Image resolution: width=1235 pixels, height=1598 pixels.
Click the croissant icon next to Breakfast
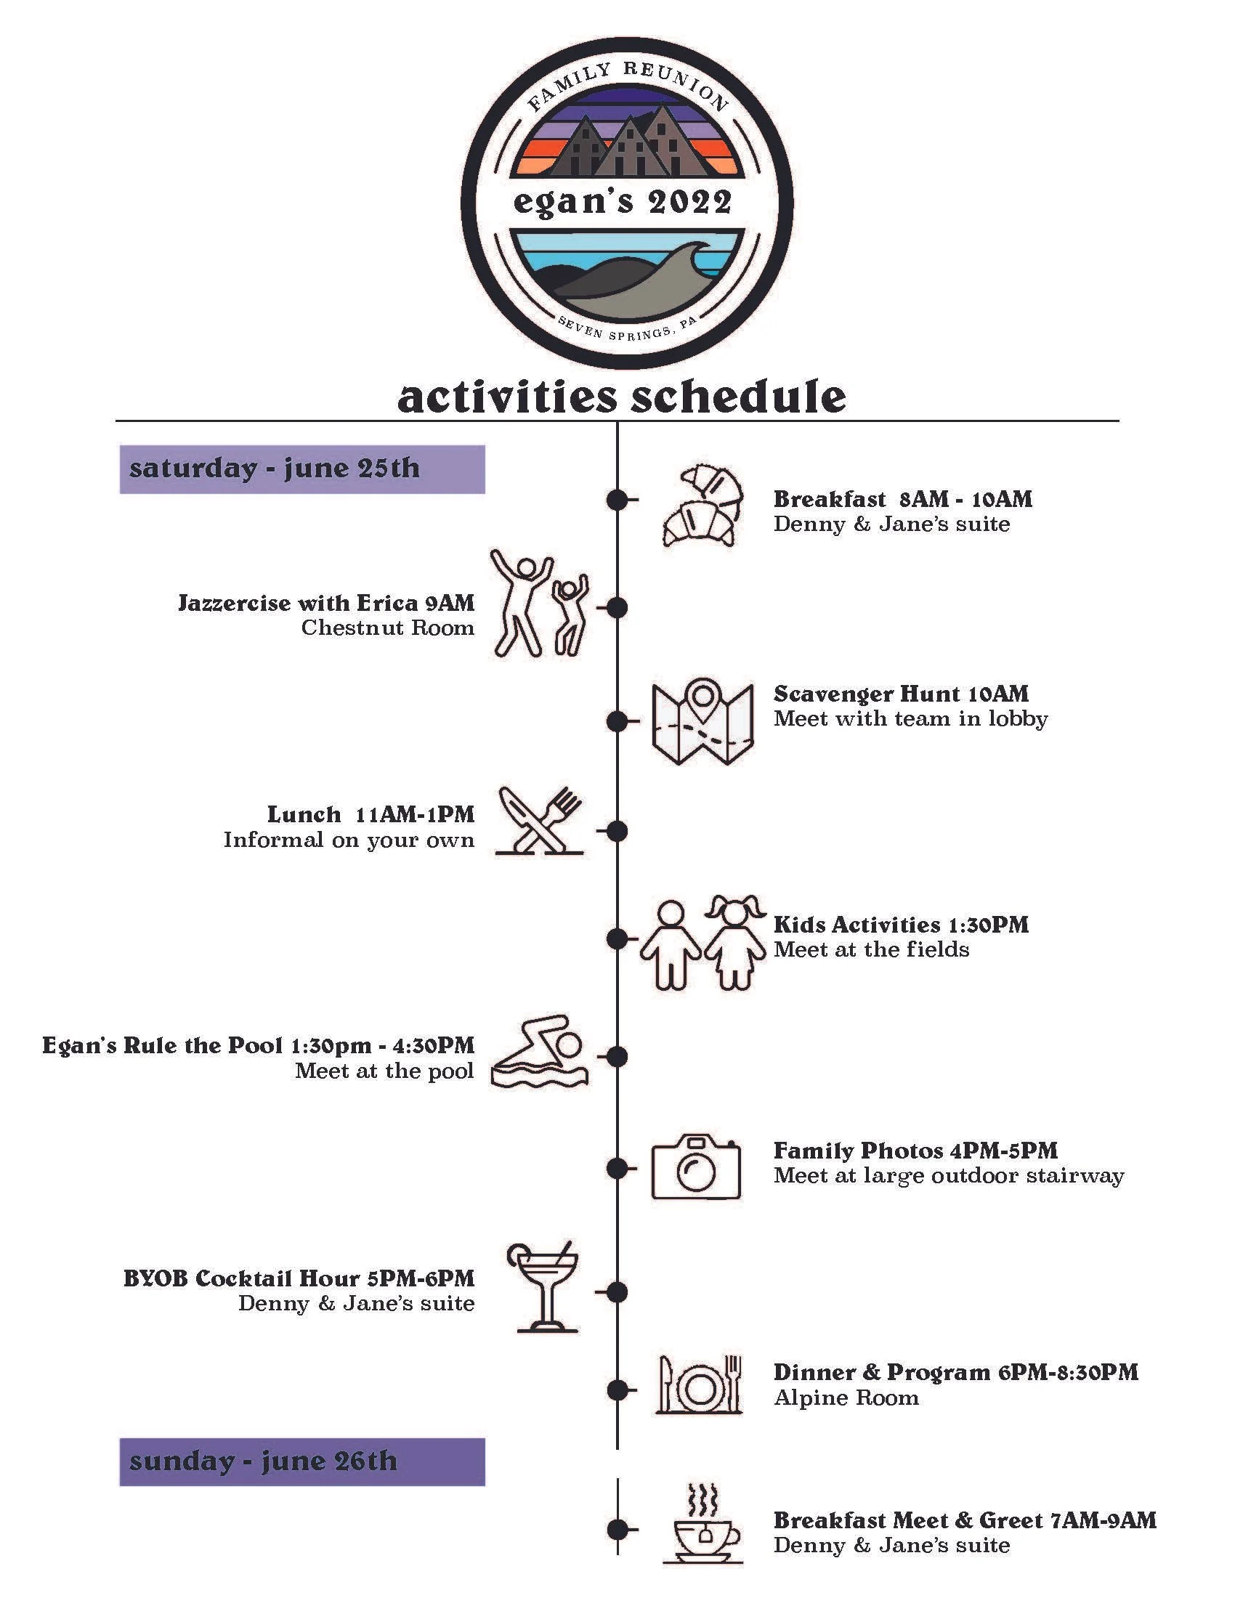tap(701, 504)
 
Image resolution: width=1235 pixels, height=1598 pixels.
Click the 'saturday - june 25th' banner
tap(301, 469)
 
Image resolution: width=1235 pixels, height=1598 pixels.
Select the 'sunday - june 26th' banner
tap(301, 1461)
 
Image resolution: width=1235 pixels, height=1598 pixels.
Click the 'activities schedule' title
tap(621, 397)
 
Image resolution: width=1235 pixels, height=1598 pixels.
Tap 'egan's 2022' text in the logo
tap(623, 202)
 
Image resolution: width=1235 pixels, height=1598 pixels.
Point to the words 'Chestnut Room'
tap(387, 628)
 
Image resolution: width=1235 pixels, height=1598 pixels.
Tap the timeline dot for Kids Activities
tap(617, 938)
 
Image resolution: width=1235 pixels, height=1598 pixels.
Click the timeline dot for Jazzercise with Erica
tap(617, 607)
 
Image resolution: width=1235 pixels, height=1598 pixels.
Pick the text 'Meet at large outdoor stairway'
tap(948, 1176)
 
